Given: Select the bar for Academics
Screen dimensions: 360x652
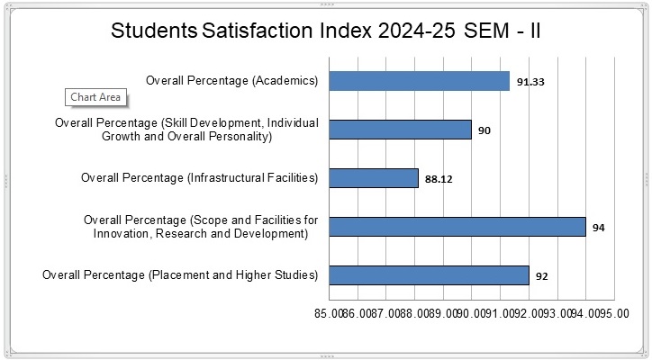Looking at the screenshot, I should [419, 81].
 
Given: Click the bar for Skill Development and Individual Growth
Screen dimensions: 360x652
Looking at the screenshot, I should [400, 130].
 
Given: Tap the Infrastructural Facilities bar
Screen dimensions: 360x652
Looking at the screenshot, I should [374, 178].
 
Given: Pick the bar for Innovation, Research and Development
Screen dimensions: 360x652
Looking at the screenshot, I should [457, 227].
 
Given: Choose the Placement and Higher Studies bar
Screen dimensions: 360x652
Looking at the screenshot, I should [429, 275].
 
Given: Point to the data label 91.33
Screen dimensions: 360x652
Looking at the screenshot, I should [530, 82].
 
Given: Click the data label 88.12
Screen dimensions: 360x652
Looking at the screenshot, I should [439, 179].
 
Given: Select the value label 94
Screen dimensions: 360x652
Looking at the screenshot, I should [599, 228].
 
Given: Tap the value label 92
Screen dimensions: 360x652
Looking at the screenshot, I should [542, 276].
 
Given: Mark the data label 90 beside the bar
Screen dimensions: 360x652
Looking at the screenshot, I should [484, 130].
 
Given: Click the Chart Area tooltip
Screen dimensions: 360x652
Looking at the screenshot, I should [95, 98].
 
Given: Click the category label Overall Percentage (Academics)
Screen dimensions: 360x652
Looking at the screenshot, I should [231, 81].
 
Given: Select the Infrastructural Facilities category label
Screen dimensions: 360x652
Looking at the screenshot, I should [200, 178].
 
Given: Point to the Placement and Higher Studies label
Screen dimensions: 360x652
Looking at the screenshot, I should [180, 275].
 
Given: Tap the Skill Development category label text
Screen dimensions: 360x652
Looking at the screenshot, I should [186, 130].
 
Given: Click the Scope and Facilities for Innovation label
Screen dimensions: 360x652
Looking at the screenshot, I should [201, 227].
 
